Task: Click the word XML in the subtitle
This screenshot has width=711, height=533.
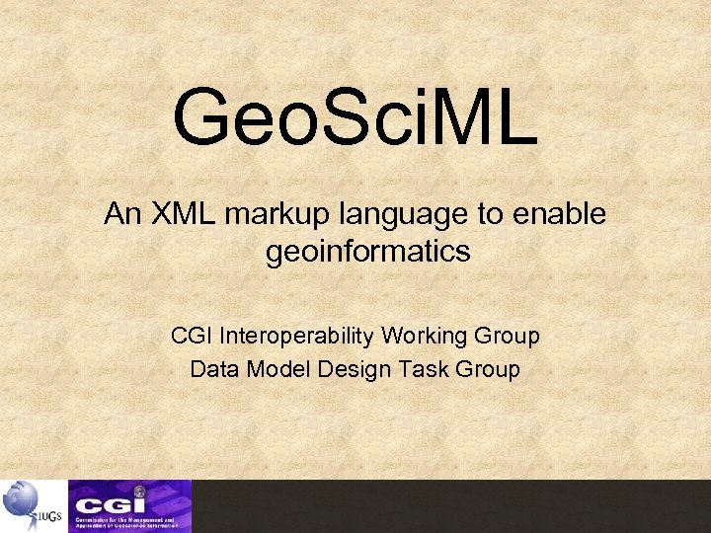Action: point(178,215)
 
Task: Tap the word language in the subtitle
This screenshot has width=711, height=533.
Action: point(369,216)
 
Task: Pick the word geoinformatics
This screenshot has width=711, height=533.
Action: point(367,253)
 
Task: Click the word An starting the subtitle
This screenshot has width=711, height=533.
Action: point(123,215)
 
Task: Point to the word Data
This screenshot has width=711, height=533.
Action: point(212,370)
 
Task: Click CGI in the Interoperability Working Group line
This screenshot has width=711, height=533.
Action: point(192,337)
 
